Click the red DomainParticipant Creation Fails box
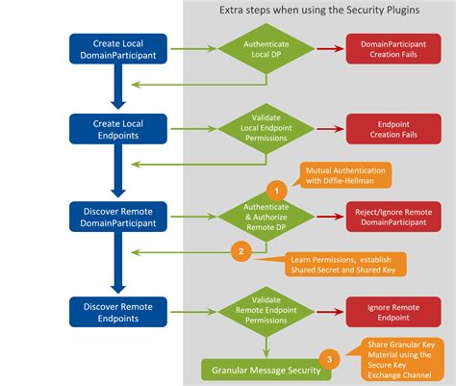(x=394, y=49)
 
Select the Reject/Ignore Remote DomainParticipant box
(x=394, y=216)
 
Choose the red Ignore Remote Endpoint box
(x=394, y=310)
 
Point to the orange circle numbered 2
(x=241, y=252)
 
